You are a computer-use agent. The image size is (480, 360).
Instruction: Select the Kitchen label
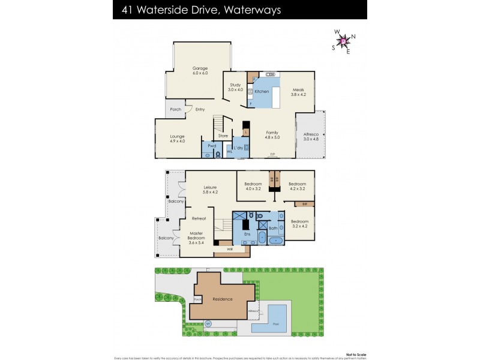coord(262,91)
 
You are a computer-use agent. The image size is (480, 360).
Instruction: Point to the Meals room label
coord(298,91)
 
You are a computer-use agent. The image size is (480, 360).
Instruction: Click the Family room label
coord(273,134)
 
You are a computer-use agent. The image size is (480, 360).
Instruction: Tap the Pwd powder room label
coord(212,146)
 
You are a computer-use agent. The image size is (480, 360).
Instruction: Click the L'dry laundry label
coord(238,148)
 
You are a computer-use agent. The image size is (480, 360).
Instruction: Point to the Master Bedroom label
coord(197,236)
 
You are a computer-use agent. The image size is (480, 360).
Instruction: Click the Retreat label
coord(199,218)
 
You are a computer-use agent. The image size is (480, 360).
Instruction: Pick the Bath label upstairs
coord(272,228)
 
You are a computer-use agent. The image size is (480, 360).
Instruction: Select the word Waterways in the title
coord(253,10)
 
